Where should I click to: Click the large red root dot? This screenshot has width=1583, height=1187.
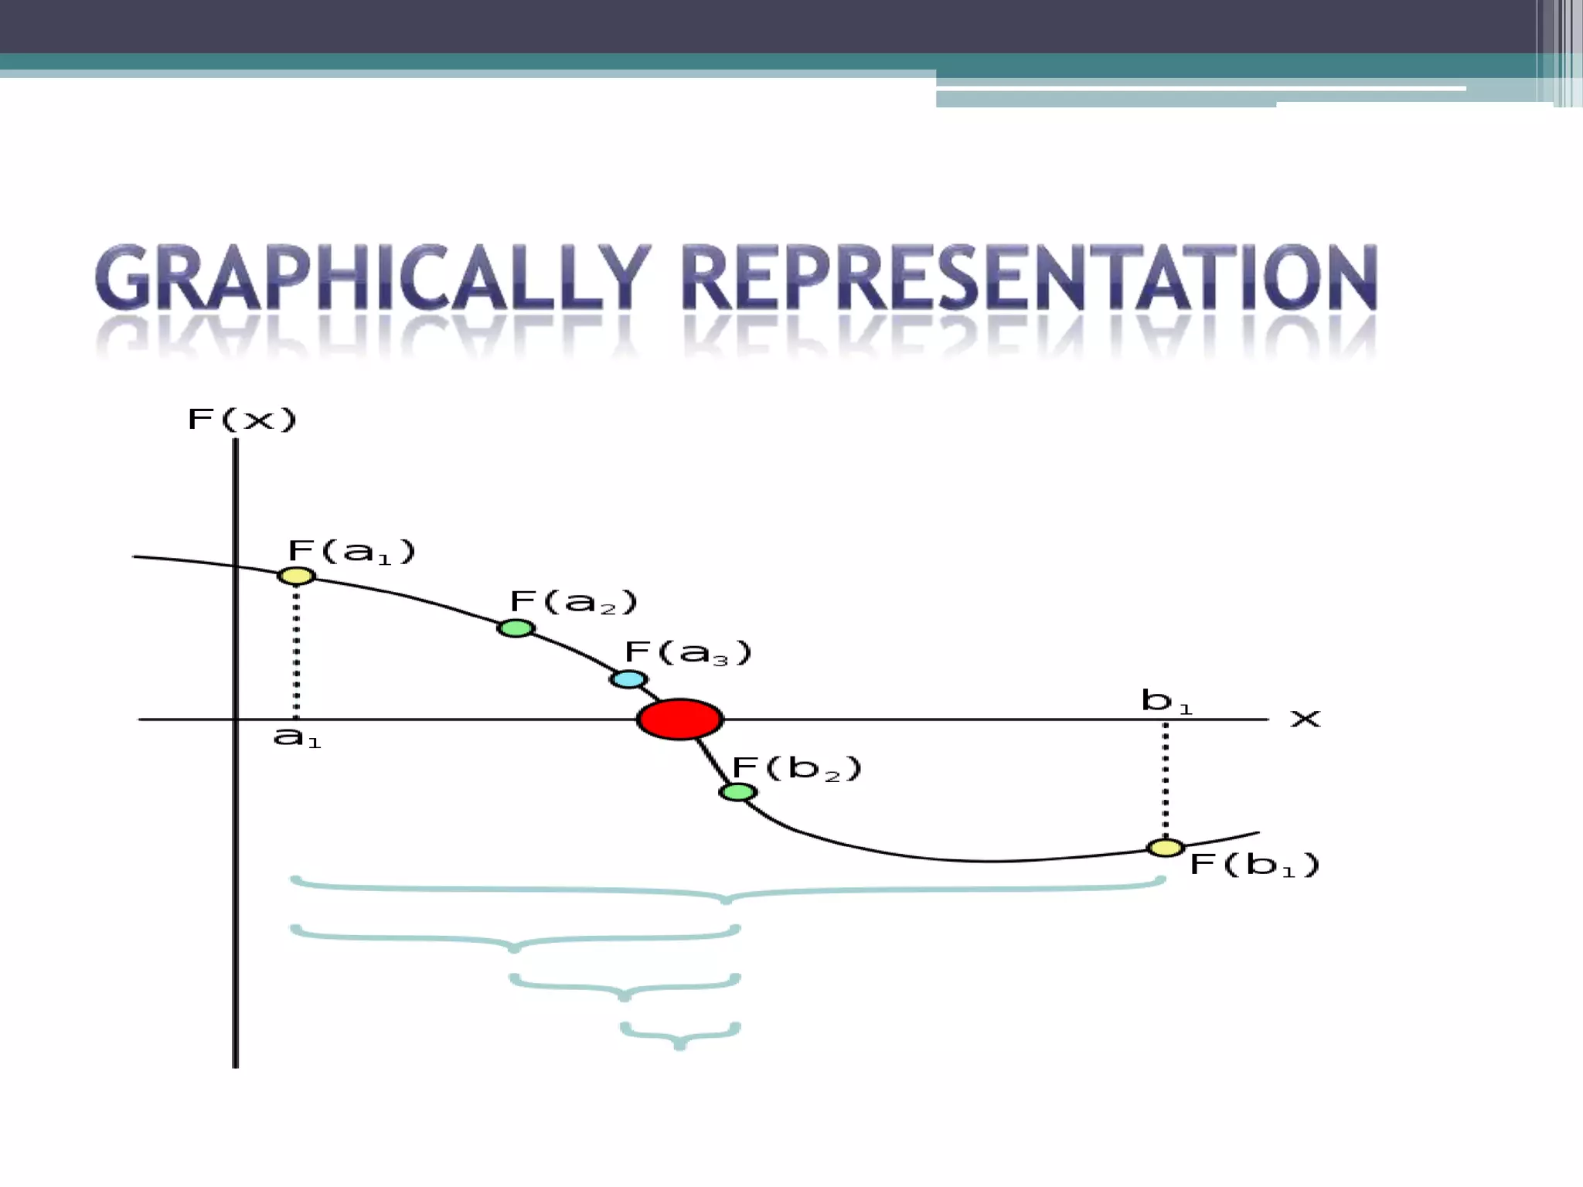(x=679, y=719)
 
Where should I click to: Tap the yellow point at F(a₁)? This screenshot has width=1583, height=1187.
(x=297, y=576)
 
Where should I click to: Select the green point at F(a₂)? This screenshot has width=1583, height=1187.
(x=516, y=628)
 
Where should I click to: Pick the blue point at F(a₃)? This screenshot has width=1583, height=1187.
(x=628, y=679)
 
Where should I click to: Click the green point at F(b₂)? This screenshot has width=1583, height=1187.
(x=737, y=792)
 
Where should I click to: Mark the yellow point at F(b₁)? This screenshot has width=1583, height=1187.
(x=1165, y=848)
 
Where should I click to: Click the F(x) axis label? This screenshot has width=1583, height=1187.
(x=242, y=420)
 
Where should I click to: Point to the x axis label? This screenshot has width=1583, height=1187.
(x=1306, y=719)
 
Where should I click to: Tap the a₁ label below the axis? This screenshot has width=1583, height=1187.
(x=297, y=738)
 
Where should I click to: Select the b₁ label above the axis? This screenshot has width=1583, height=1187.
(x=1166, y=701)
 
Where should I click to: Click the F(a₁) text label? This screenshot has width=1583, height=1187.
(x=352, y=552)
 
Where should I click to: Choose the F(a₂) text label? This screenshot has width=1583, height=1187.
(x=574, y=602)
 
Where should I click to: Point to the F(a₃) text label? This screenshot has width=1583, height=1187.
(x=688, y=653)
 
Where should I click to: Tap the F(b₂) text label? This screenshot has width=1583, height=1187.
(x=796, y=769)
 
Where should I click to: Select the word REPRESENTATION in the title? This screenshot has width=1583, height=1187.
(x=1030, y=278)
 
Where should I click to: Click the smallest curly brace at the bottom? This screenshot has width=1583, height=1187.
(x=680, y=1034)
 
